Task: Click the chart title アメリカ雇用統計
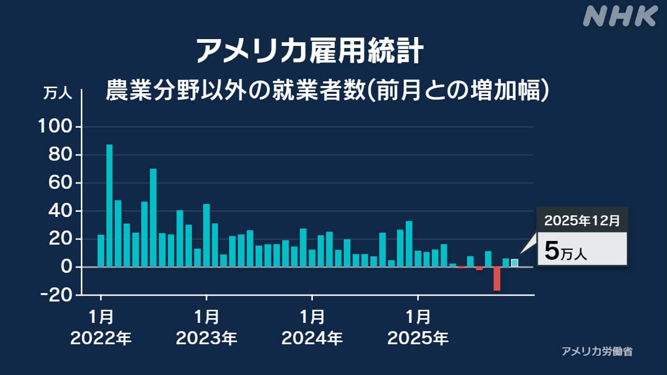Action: click(x=309, y=51)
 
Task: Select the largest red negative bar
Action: click(x=497, y=279)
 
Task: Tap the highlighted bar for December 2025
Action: click(x=515, y=263)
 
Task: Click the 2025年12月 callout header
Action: click(x=582, y=221)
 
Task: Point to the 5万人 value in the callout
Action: click(x=566, y=251)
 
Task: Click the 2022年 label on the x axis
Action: click(x=101, y=339)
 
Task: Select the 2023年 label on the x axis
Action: click(x=207, y=339)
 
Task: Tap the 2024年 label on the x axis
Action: click(x=312, y=339)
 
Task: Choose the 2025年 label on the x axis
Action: click(x=418, y=339)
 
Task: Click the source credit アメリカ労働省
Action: click(x=597, y=352)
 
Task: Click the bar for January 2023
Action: click(x=207, y=235)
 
